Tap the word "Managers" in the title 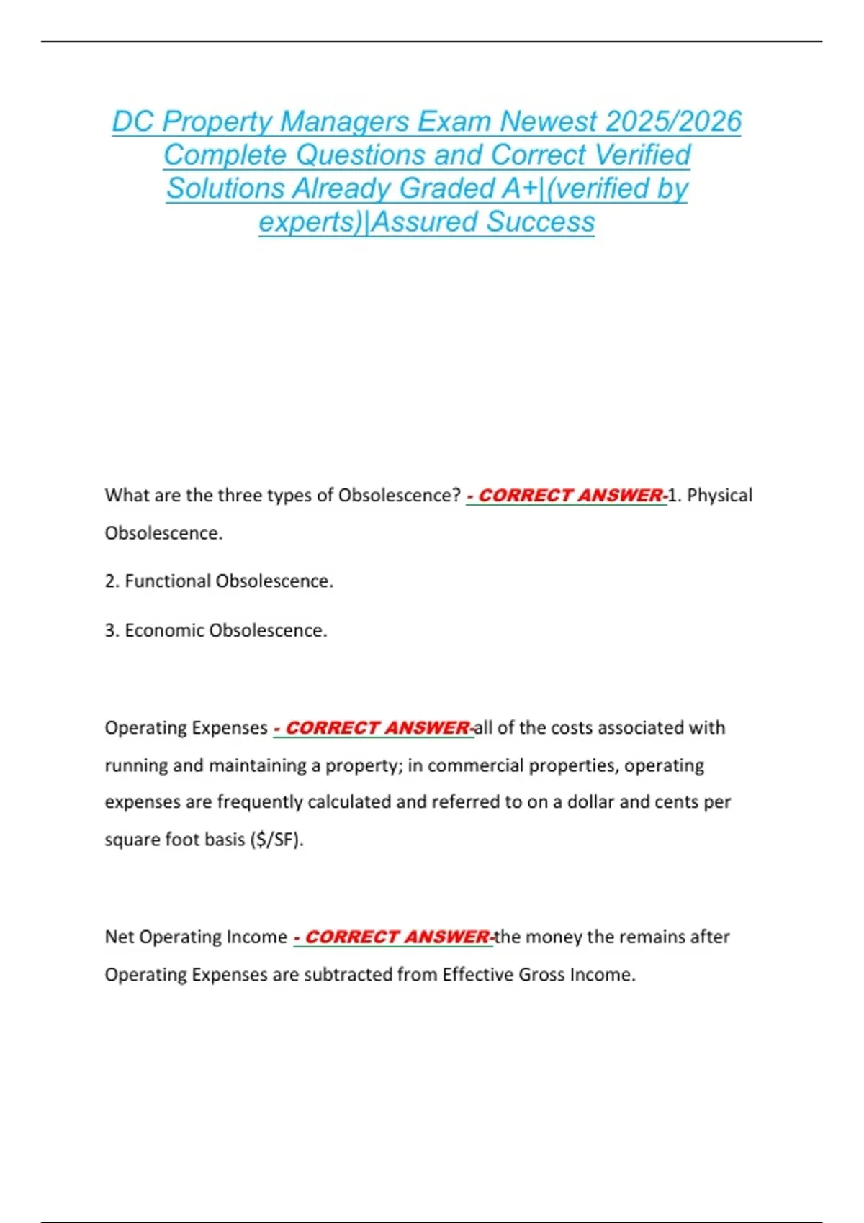pyautogui.click(x=345, y=122)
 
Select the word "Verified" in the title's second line pyautogui.click(x=643, y=155)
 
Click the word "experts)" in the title pyautogui.click(x=310, y=222)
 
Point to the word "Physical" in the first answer pyautogui.click(x=719, y=496)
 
